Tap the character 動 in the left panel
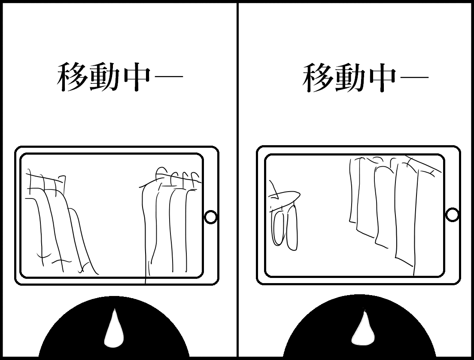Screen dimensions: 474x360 coord(104,77)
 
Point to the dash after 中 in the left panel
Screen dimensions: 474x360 coord(168,76)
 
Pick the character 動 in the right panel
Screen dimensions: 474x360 coord(349,77)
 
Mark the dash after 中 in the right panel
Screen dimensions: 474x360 coord(414,76)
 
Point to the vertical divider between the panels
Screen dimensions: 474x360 coord(237,180)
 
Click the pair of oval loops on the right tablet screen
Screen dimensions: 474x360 coord(285,227)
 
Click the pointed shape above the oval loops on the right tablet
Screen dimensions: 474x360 coord(283,197)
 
